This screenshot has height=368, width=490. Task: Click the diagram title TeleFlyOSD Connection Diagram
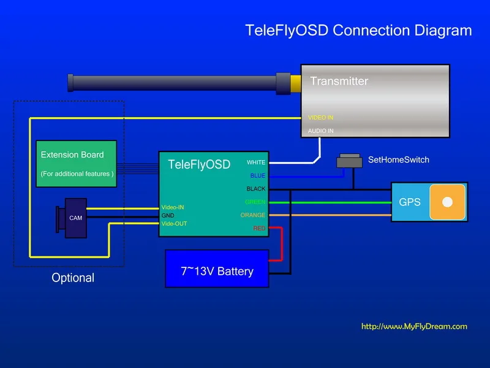(x=358, y=31)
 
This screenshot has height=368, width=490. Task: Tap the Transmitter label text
(x=339, y=81)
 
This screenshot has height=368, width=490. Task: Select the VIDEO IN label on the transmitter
(x=320, y=117)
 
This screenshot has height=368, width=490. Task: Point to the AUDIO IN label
(x=320, y=131)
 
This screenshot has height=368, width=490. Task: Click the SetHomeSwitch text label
(x=398, y=160)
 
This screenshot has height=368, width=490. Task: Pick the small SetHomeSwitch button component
(x=349, y=161)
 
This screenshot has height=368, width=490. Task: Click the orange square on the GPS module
(x=447, y=202)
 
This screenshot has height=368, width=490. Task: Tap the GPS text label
(x=410, y=202)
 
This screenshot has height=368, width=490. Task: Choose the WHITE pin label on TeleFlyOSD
(x=256, y=163)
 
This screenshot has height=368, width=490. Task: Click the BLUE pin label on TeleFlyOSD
(x=257, y=176)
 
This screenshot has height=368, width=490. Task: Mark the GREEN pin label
(x=255, y=202)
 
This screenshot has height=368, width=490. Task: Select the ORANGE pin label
(x=253, y=215)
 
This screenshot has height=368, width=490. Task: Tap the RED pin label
(x=259, y=229)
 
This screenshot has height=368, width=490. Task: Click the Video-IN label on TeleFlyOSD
(x=173, y=207)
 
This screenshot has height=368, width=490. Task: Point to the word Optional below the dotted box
(x=73, y=278)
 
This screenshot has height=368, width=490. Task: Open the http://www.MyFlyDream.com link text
(x=414, y=326)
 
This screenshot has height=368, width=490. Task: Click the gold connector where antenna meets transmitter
(x=295, y=83)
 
